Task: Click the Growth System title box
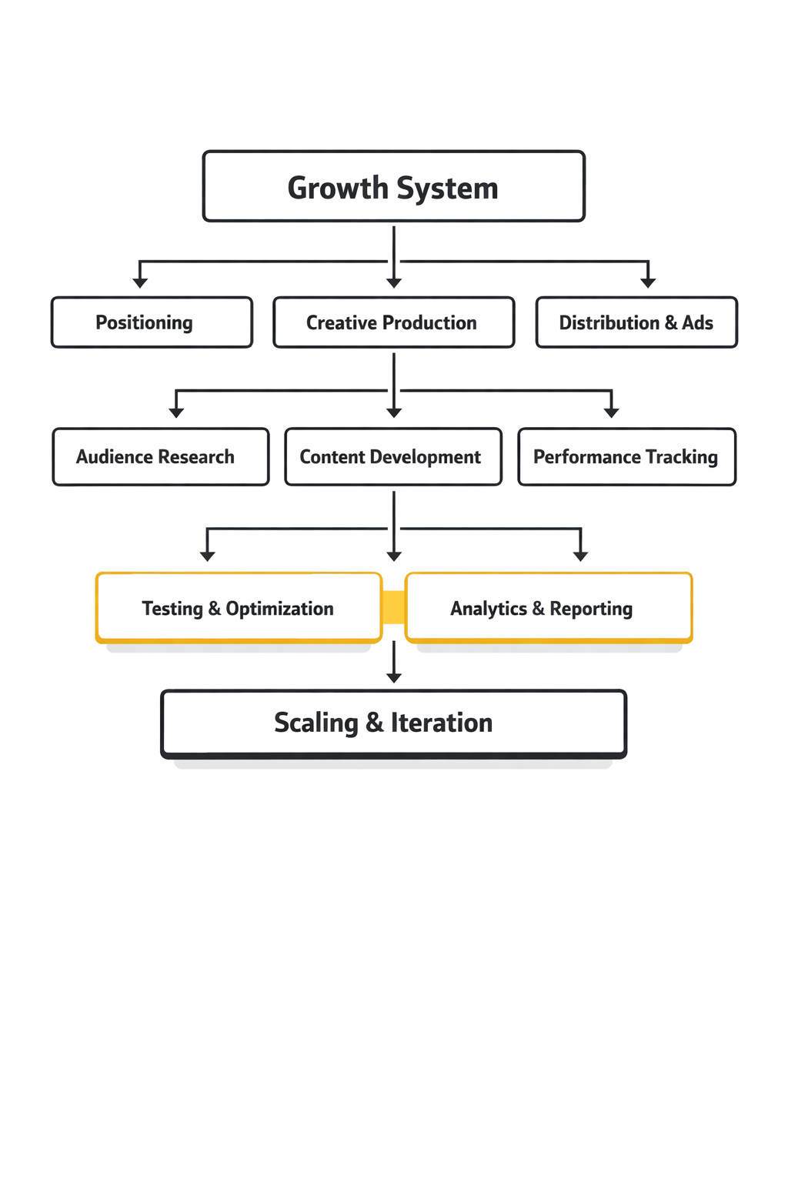tap(393, 186)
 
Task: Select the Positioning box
tap(152, 322)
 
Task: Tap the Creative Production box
tap(393, 322)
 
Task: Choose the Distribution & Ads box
tap(636, 322)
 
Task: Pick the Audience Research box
tap(161, 457)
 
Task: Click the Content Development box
tap(393, 457)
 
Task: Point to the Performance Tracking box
tap(626, 457)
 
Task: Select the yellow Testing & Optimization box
tap(239, 608)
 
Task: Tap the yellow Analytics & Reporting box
tap(549, 608)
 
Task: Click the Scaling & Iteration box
tap(393, 723)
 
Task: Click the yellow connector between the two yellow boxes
tap(394, 607)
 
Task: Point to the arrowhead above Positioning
tap(140, 282)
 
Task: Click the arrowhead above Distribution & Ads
tap(648, 282)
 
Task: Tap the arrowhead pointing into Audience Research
tap(176, 412)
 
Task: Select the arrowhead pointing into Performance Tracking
tap(612, 412)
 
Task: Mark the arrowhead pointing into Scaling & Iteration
tap(394, 677)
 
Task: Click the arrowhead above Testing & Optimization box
tap(207, 556)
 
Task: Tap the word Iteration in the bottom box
tap(441, 723)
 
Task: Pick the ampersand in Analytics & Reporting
tap(538, 609)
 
